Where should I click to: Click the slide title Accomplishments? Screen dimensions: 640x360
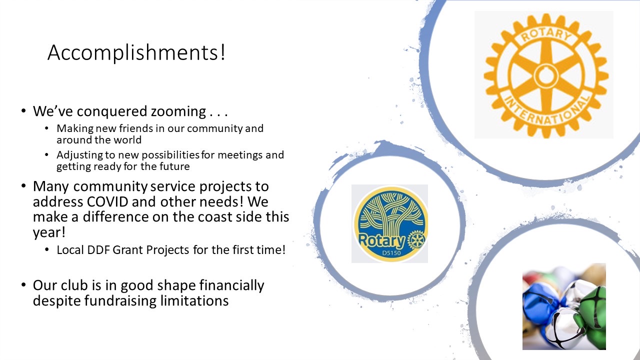[x=136, y=52]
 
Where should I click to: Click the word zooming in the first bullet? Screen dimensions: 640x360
[x=178, y=111]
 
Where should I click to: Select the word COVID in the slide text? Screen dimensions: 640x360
[x=107, y=201]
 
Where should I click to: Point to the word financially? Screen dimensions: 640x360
[x=231, y=285]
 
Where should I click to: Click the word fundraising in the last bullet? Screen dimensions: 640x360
[x=120, y=301]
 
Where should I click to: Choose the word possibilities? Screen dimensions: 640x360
[x=170, y=155]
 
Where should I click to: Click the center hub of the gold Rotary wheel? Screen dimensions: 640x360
[x=546, y=75]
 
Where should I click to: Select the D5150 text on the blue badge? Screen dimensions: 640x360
[x=391, y=253]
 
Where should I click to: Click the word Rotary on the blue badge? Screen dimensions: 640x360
[x=381, y=240]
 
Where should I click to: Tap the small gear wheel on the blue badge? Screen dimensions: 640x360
[x=416, y=239]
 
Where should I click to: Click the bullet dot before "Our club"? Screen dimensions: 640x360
[x=23, y=285]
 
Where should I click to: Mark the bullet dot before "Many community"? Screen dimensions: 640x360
[x=23, y=186]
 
